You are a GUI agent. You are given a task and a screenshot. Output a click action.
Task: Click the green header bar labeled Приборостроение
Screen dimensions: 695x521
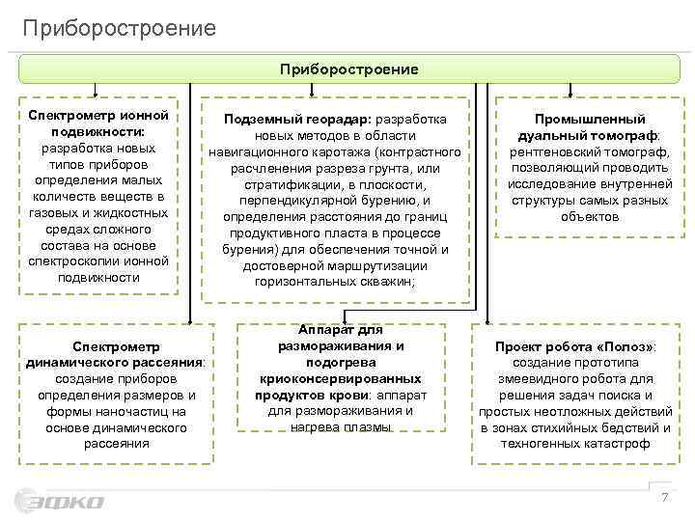348,69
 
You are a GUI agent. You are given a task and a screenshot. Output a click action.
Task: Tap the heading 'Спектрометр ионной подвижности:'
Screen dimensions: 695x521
98,124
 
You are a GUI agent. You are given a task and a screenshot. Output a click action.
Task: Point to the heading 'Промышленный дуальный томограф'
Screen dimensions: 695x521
582,127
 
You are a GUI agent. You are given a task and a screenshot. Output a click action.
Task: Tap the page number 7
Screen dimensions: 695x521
663,497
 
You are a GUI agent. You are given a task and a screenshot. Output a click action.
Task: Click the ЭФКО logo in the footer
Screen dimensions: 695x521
60,502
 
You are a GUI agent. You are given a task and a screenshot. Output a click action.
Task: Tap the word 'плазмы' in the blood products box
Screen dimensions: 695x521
366,427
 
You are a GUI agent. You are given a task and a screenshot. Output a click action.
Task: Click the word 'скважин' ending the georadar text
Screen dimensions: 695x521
388,282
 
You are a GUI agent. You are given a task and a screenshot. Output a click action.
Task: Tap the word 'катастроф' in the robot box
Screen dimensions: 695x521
618,444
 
